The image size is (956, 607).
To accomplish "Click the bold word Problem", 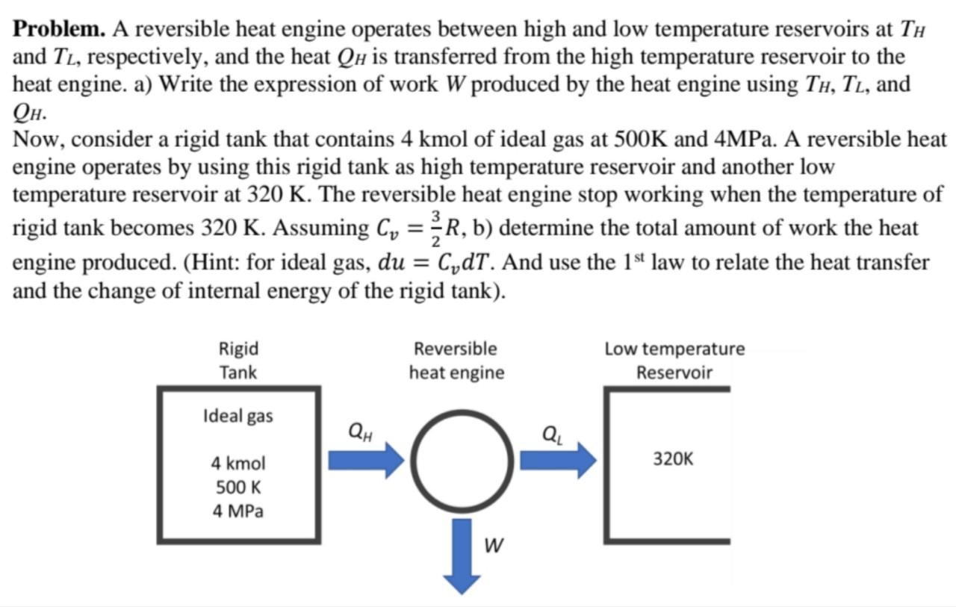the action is coord(60,30).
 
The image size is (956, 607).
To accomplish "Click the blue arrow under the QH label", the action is coord(365,458).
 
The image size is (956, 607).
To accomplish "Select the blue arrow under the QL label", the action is coord(557,458).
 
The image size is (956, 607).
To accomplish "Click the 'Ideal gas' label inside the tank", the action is coord(238,416).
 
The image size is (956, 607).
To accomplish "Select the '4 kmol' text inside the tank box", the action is coord(238,464).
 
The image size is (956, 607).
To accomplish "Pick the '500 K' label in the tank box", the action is coord(238,488).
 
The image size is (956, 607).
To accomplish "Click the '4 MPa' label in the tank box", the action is coord(238,511).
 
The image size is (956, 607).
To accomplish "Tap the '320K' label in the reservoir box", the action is coord(673,458).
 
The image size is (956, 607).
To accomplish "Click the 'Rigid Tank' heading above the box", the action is coord(238,360).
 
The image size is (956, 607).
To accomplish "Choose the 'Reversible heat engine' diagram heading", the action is coord(456,360).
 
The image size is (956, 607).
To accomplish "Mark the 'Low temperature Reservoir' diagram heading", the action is coord(674,360).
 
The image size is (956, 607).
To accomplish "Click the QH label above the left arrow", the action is coord(361,431).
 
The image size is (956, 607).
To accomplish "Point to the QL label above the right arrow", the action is coord(553,432).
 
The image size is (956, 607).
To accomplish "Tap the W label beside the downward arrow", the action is coord(491,546).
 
